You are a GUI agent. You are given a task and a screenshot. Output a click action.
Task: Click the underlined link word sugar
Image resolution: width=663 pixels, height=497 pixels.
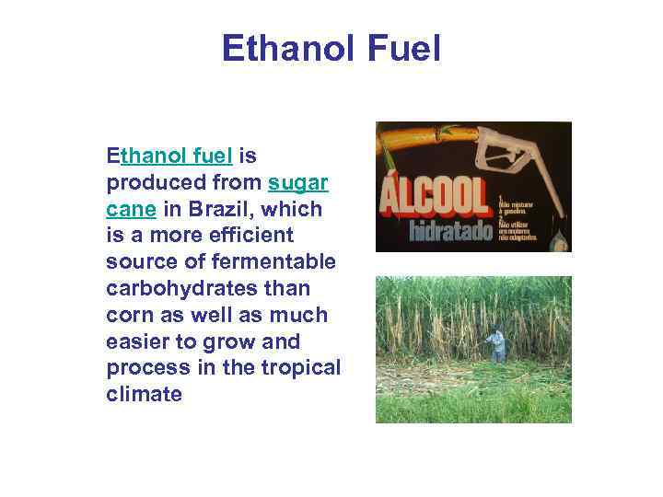(298, 182)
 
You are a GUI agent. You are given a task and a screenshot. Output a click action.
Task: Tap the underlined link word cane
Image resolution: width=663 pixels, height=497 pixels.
(131, 209)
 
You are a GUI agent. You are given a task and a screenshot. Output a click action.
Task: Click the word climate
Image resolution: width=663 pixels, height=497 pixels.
(144, 395)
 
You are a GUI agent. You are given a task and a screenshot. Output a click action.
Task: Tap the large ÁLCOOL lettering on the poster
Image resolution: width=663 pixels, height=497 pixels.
(433, 195)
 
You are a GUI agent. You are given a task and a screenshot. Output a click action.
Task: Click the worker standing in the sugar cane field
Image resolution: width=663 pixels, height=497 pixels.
(496, 345)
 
